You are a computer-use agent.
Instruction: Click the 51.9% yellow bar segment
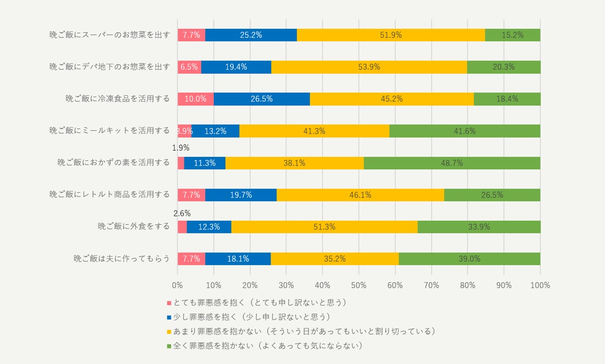[391, 35]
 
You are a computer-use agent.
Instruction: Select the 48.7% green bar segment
[452, 163]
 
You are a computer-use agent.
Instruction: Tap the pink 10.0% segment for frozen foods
[195, 99]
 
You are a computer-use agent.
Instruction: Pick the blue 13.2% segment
[215, 131]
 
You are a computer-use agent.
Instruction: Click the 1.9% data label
[180, 148]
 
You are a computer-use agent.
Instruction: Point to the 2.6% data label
[181, 213]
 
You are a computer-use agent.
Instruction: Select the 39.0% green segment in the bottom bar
[469, 259]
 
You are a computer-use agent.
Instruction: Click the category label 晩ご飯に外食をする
[134, 226]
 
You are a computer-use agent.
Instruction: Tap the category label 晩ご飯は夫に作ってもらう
[122, 259]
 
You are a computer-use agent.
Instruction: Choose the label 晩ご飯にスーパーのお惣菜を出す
[109, 35]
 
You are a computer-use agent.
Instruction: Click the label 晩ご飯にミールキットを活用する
[109, 131]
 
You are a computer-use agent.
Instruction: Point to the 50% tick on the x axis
[358, 285]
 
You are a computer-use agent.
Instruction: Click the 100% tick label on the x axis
[540, 285]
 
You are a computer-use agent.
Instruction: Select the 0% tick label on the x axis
[177, 285]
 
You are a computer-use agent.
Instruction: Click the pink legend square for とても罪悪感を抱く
[169, 304]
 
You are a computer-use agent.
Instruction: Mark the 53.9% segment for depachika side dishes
[369, 67]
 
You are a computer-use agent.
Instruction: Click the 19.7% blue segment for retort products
[240, 195]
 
